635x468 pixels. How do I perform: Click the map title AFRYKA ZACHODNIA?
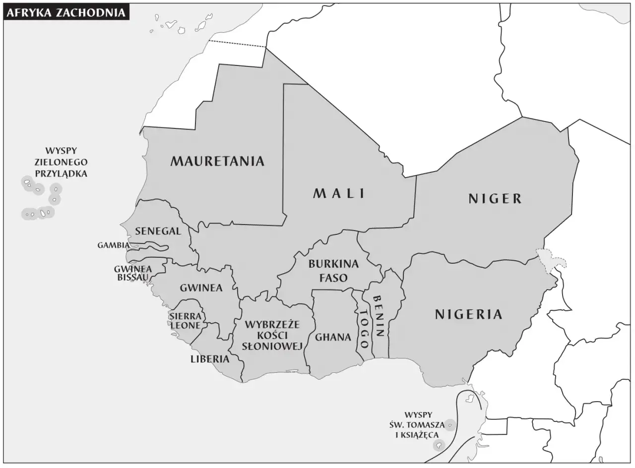tap(66, 12)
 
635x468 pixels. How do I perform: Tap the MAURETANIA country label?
tap(217, 161)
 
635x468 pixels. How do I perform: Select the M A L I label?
tap(339, 193)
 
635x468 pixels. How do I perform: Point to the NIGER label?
tap(495, 199)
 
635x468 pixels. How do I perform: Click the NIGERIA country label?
tap(468, 314)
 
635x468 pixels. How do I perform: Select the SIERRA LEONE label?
tap(185, 321)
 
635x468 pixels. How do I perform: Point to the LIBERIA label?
tap(210, 359)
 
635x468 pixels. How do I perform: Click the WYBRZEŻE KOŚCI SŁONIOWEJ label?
tap(272, 336)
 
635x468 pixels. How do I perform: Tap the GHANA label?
tap(333, 337)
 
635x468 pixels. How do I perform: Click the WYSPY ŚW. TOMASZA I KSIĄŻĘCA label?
tap(418, 425)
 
